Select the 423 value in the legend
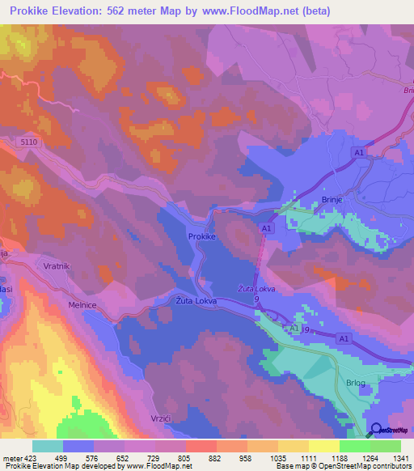(x=32, y=457)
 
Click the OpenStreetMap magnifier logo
(x=376, y=430)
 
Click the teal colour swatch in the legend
(x=47, y=446)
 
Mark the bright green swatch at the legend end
(x=385, y=446)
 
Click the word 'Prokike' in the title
(x=36, y=11)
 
